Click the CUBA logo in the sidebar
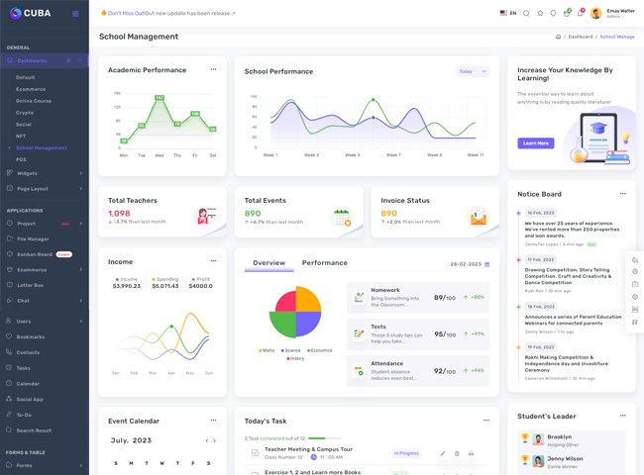[x=32, y=13]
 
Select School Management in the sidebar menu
[x=42, y=147]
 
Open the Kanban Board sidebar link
[x=37, y=254]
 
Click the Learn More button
[x=536, y=143]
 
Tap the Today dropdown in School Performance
[x=472, y=71]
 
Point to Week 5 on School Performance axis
[x=351, y=155]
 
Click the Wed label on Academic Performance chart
[x=159, y=155]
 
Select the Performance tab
[x=325, y=263]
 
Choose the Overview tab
[x=268, y=263]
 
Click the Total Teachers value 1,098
[x=119, y=213]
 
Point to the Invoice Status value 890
[x=388, y=213]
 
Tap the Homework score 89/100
[x=445, y=298]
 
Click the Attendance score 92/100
[x=445, y=371]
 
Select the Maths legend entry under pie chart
[x=267, y=350]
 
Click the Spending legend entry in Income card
[x=168, y=279]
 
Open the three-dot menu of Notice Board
[x=623, y=194]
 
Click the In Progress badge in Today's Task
[x=407, y=453]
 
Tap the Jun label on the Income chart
[x=209, y=373]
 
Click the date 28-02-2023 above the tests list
[x=465, y=264]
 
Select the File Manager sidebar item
[x=33, y=238]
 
